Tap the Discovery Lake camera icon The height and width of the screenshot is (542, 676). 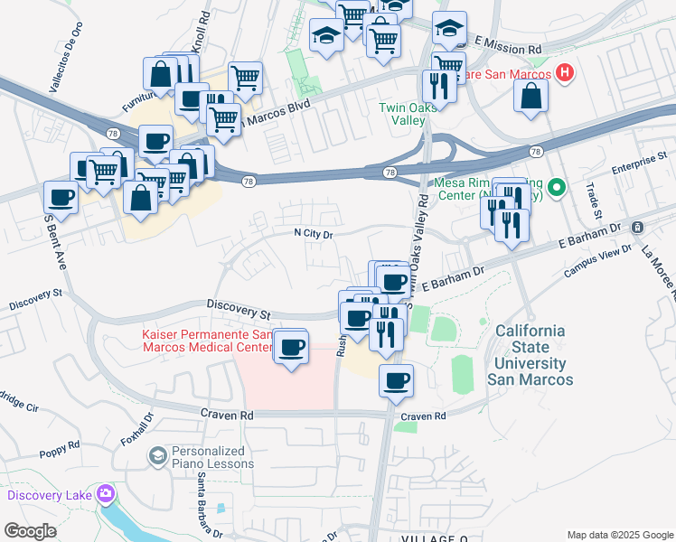tap(107, 494)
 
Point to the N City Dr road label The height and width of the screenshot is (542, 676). tap(315, 234)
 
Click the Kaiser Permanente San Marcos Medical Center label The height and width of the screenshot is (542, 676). tap(206, 341)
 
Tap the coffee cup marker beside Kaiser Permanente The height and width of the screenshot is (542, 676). tap(291, 347)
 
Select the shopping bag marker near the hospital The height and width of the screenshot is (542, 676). tap(530, 95)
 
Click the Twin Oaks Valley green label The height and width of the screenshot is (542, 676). tap(401, 114)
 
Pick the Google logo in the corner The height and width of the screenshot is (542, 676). tap(31, 531)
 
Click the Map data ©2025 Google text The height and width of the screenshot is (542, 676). tap(619, 535)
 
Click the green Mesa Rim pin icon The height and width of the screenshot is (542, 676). tap(558, 188)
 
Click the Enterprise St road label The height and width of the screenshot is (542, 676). tap(638, 164)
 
